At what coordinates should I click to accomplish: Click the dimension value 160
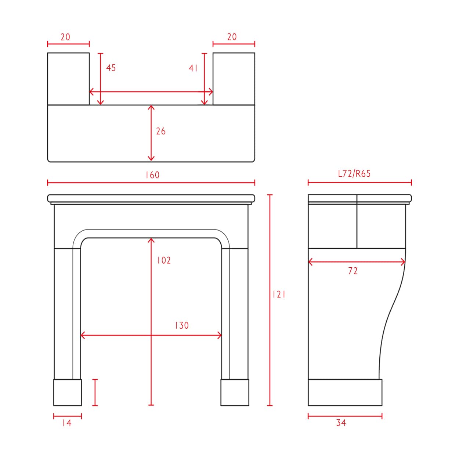tap(152, 175)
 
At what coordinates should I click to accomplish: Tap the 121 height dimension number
tap(279, 294)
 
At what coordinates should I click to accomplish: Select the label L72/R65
tap(354, 174)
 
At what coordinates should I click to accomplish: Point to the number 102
tap(164, 260)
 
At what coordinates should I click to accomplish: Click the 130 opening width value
tap(182, 325)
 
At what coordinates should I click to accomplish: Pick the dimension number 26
tap(161, 131)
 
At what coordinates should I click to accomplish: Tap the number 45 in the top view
tap(111, 68)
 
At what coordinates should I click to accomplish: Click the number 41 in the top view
tap(193, 68)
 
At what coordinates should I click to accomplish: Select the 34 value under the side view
tap(341, 423)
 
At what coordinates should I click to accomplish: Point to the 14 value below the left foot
tap(67, 423)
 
